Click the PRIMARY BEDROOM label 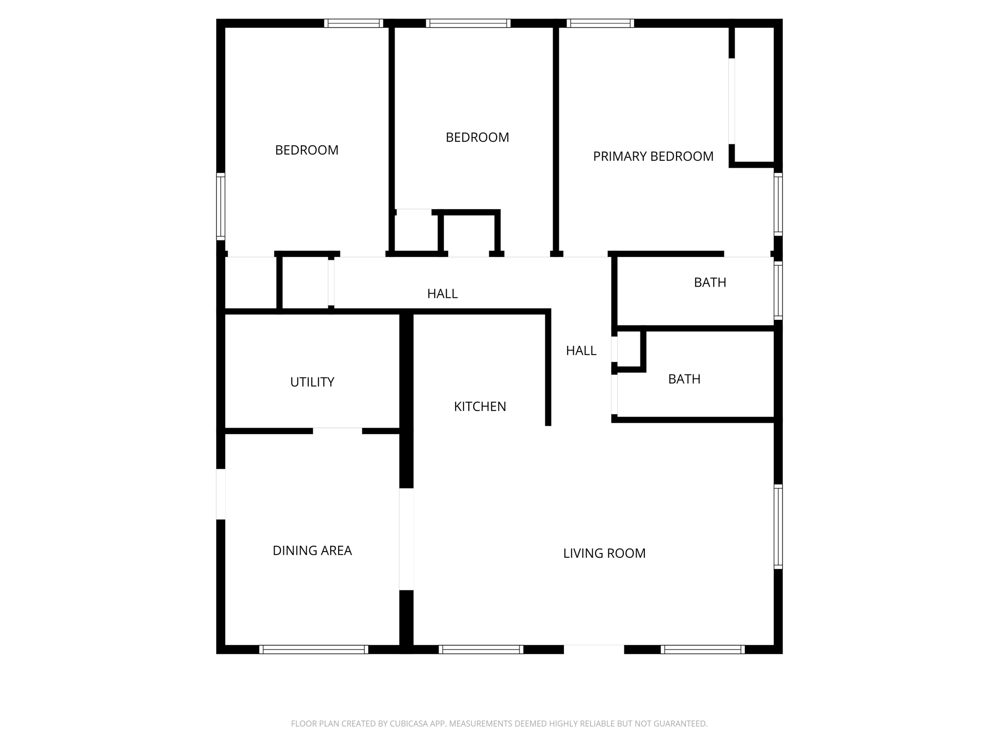click(653, 157)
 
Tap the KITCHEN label click(480, 407)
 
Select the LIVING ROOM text click(604, 553)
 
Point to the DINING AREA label click(312, 551)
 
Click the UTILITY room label click(312, 382)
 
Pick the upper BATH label click(710, 283)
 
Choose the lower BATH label click(684, 379)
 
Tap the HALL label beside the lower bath click(581, 351)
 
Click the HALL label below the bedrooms click(442, 294)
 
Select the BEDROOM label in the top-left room click(307, 150)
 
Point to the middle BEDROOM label click(478, 138)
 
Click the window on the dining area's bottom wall click(314, 650)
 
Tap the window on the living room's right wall click(779, 527)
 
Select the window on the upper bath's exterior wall click(779, 291)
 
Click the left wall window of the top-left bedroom click(220, 206)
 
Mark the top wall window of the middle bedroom click(468, 23)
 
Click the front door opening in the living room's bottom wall click(594, 650)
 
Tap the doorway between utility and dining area click(337, 431)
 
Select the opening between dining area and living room click(406, 539)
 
